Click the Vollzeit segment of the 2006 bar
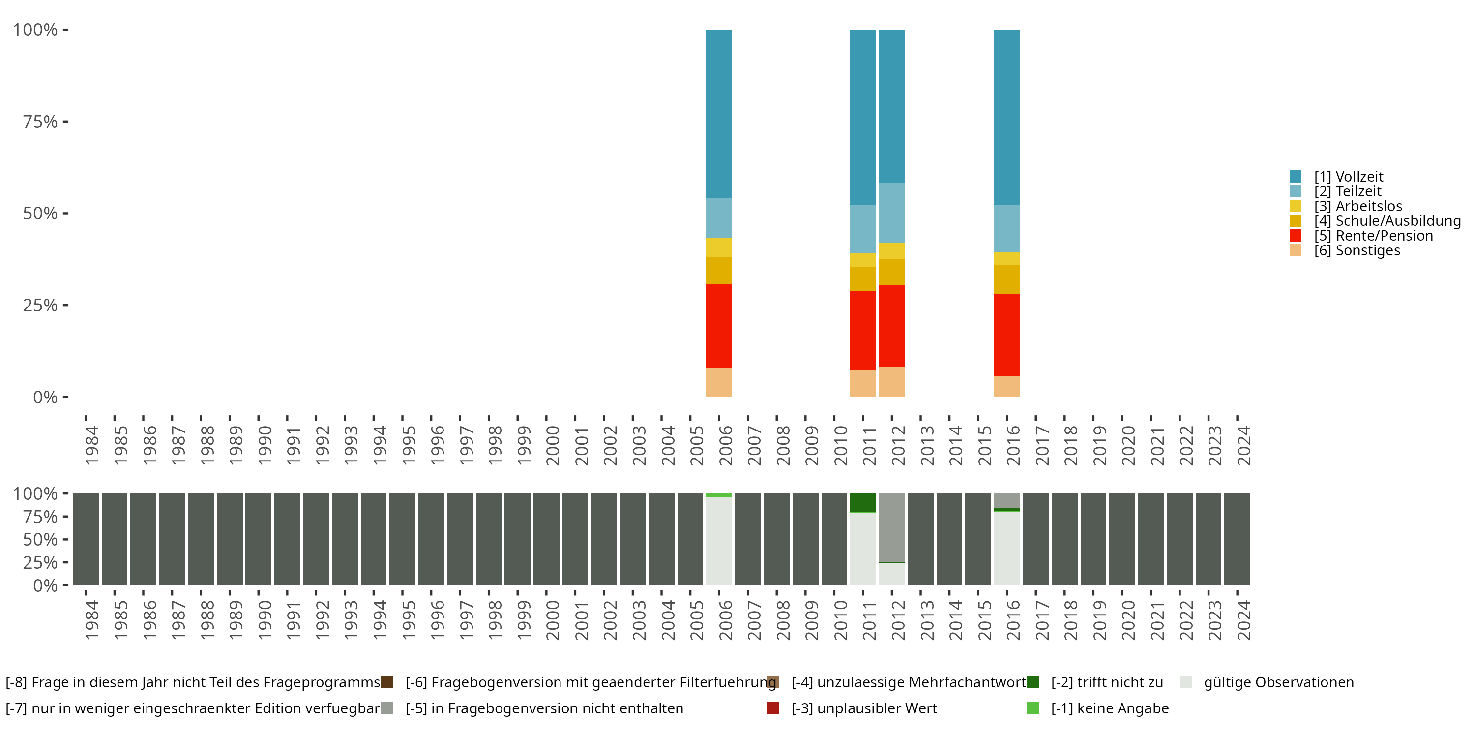tap(719, 114)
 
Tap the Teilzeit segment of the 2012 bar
tap(891, 213)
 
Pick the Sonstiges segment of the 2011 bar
tap(863, 383)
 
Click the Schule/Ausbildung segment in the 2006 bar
tap(719, 270)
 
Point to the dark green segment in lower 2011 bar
tap(863, 502)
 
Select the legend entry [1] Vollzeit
tap(1336, 177)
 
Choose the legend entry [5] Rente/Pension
tap(1361, 236)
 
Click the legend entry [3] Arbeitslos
tap(1346, 206)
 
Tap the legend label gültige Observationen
tap(1279, 682)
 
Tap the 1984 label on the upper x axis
tap(91, 445)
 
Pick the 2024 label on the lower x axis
tap(1244, 620)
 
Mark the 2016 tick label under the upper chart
tap(1013, 445)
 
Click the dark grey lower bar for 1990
tap(258, 539)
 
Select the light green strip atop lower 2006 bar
tap(719, 495)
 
